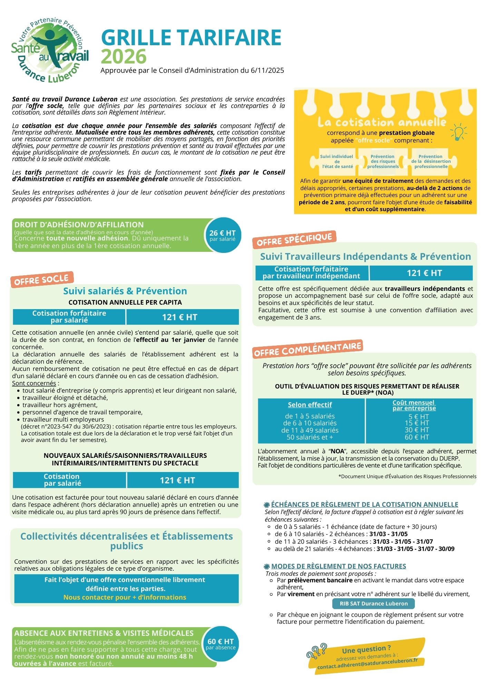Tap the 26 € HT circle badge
pyautogui.click(x=223, y=235)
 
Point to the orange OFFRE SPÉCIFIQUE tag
pyautogui.click(x=294, y=239)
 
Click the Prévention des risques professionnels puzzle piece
pyautogui.click(x=383, y=161)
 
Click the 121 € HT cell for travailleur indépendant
pyautogui.click(x=424, y=273)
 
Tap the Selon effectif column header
pyautogui.click(x=310, y=405)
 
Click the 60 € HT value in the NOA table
pyautogui.click(x=417, y=437)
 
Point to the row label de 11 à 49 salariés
pyautogui.click(x=310, y=430)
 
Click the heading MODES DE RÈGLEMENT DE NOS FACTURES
pyautogui.click(x=338, y=566)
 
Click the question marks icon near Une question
pyautogui.click(x=316, y=650)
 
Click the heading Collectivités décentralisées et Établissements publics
pyautogui.click(x=126, y=541)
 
